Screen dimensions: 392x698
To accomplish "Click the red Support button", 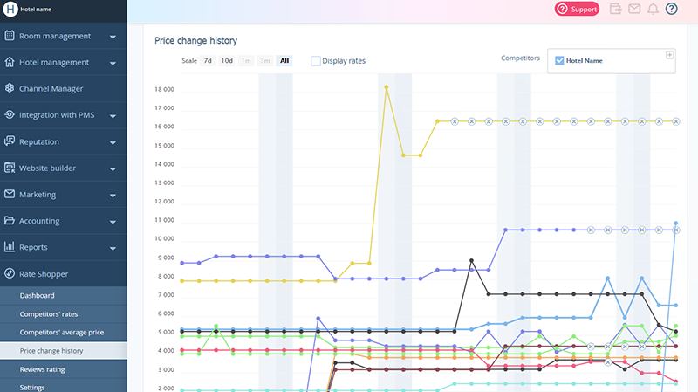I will pyautogui.click(x=577, y=10).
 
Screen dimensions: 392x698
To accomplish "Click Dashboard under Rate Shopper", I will pyautogui.click(x=38, y=296).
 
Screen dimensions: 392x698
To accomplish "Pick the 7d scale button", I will pyautogui.click(x=208, y=61).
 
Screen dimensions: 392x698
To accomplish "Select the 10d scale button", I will pyautogui.click(x=227, y=61).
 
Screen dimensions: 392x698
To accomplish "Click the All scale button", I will pyautogui.click(x=284, y=61).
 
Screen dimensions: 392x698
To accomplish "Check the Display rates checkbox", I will pyautogui.click(x=316, y=61).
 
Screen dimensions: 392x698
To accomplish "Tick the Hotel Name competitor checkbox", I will pyautogui.click(x=559, y=61).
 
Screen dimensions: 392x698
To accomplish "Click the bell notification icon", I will pyautogui.click(x=653, y=10).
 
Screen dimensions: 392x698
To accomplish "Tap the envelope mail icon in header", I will pyautogui.click(x=634, y=10).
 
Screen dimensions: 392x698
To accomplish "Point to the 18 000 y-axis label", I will pyautogui.click(x=164, y=90).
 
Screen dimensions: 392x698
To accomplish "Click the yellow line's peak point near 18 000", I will pyautogui.click(x=386, y=86).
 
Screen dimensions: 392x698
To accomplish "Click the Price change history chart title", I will pyautogui.click(x=195, y=41).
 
